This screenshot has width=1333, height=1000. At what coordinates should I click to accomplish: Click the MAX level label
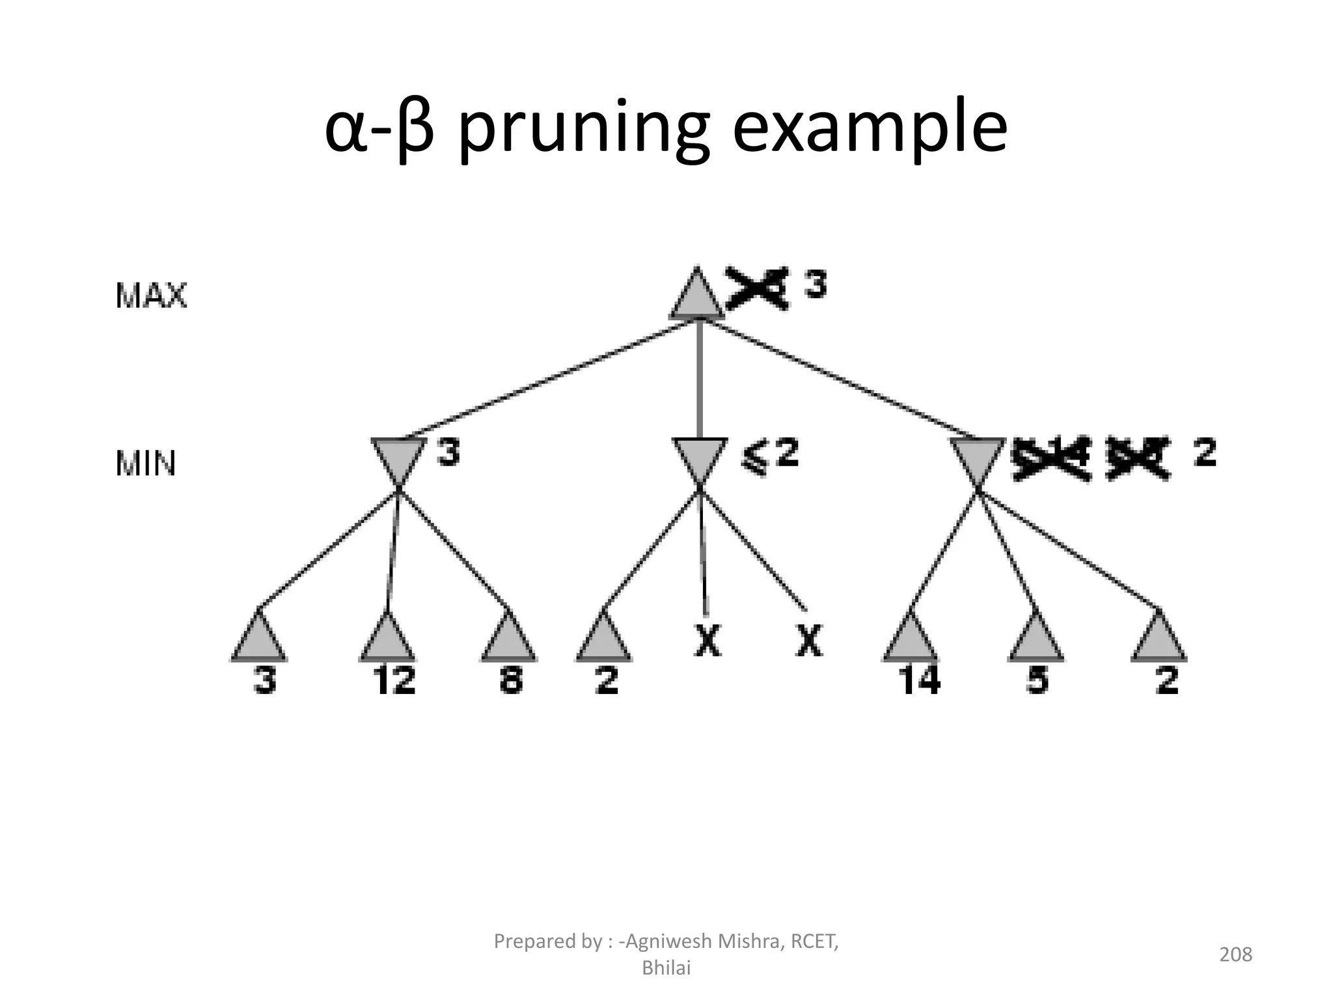point(151,296)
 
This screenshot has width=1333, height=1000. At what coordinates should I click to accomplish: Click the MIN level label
point(146,464)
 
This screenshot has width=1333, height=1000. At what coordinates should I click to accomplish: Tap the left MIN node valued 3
point(398,458)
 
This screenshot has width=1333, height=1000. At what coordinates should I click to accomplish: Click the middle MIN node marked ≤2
point(700,458)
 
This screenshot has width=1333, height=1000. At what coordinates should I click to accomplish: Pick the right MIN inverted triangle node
point(977,458)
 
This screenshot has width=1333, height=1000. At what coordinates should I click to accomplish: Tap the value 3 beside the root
point(816,286)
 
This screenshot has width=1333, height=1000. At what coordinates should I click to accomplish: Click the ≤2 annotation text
point(770,455)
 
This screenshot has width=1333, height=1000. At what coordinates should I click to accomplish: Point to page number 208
point(1235,954)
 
